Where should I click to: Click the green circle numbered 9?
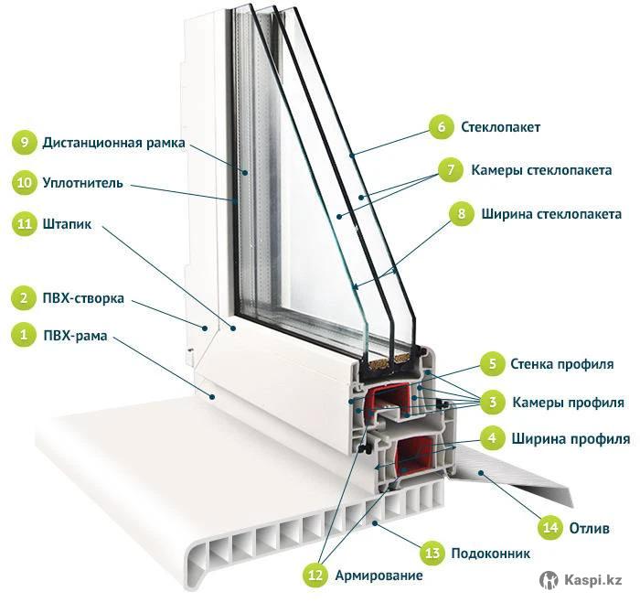pyautogui.click(x=24, y=143)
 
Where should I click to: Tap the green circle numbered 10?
pyautogui.click(x=24, y=183)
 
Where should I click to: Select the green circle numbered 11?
pyautogui.click(x=24, y=223)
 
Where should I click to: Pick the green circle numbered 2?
pyautogui.click(x=20, y=297)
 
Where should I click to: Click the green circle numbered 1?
pyautogui.click(x=20, y=335)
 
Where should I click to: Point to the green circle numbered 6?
pyautogui.click(x=441, y=128)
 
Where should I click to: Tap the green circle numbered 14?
pyautogui.click(x=550, y=528)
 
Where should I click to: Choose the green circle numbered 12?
pyautogui.click(x=316, y=575)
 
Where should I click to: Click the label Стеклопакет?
pyautogui.click(x=500, y=128)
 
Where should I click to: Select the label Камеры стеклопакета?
pyautogui.click(x=542, y=170)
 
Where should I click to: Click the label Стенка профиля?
pyautogui.click(x=561, y=364)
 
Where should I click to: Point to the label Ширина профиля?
pyautogui.click(x=571, y=438)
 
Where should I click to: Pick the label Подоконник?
pyautogui.click(x=490, y=554)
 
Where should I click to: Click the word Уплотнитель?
pyautogui.click(x=82, y=183)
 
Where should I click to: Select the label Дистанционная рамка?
pyautogui.click(x=113, y=143)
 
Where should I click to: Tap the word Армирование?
pyautogui.click(x=379, y=575)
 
